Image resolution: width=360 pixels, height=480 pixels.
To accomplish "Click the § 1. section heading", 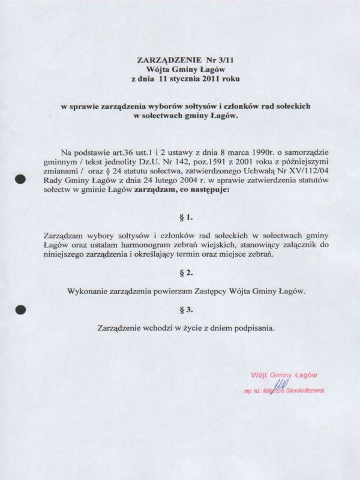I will pyautogui.click(x=185, y=214).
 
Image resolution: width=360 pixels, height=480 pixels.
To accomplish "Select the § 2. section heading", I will pyautogui.click(x=185, y=272).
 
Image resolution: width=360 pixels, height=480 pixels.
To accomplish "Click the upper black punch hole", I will pyautogui.click(x=20, y=179).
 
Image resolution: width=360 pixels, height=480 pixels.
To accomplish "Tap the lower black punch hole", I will pyautogui.click(x=20, y=310).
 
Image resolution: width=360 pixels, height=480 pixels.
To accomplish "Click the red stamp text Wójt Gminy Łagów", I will pyautogui.click(x=284, y=374).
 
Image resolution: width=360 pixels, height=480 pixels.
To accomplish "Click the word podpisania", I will pyautogui.click(x=254, y=328).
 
